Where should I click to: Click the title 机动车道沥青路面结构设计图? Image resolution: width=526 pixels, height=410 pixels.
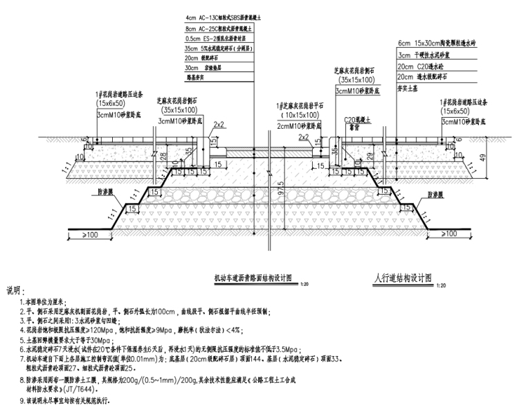(254, 278)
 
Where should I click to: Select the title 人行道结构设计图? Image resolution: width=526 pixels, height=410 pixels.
(403, 277)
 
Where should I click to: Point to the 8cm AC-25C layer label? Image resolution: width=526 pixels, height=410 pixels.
(215, 29)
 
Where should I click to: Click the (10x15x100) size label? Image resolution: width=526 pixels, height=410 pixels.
(301, 115)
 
